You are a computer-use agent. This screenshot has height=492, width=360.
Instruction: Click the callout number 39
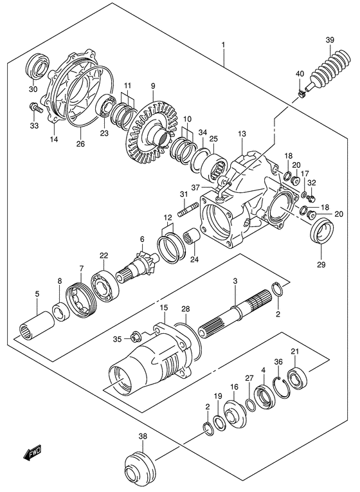(329, 42)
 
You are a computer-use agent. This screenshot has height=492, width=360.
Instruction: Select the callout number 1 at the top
(222, 46)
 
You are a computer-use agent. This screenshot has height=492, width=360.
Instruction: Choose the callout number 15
(165, 309)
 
